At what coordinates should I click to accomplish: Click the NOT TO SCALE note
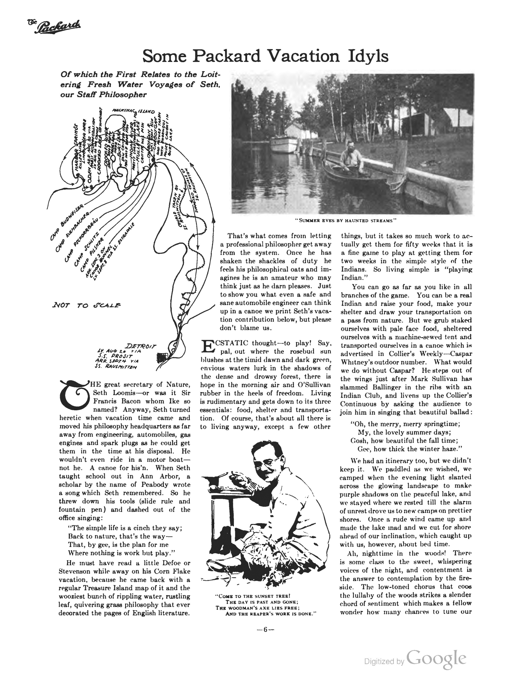tap(87, 305)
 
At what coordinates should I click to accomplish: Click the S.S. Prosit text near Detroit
tap(115, 356)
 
